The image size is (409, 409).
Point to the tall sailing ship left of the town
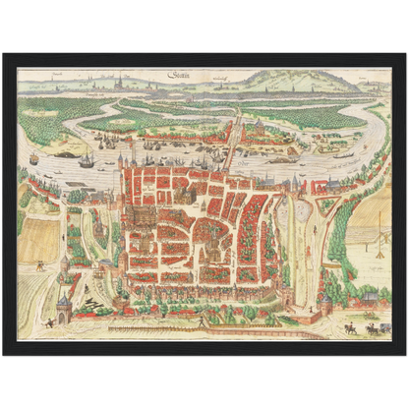87,159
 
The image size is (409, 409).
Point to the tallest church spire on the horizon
120,82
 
